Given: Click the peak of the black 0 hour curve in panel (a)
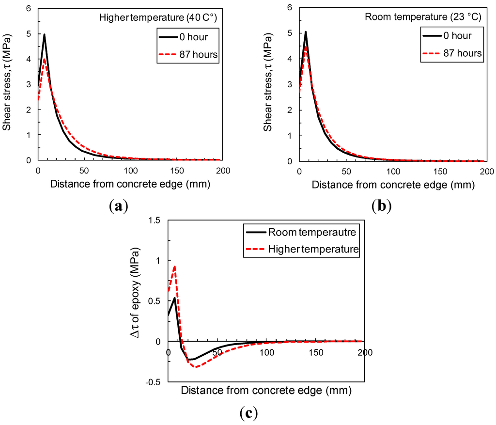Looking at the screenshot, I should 45,34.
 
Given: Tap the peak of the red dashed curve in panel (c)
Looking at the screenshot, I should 174,266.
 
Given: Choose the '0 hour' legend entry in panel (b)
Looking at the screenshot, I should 448,35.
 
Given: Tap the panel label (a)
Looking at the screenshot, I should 118,207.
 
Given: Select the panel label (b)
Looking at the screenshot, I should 381,207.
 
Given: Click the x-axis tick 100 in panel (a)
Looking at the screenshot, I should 130,171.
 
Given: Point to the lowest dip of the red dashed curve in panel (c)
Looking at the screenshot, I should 195,367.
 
